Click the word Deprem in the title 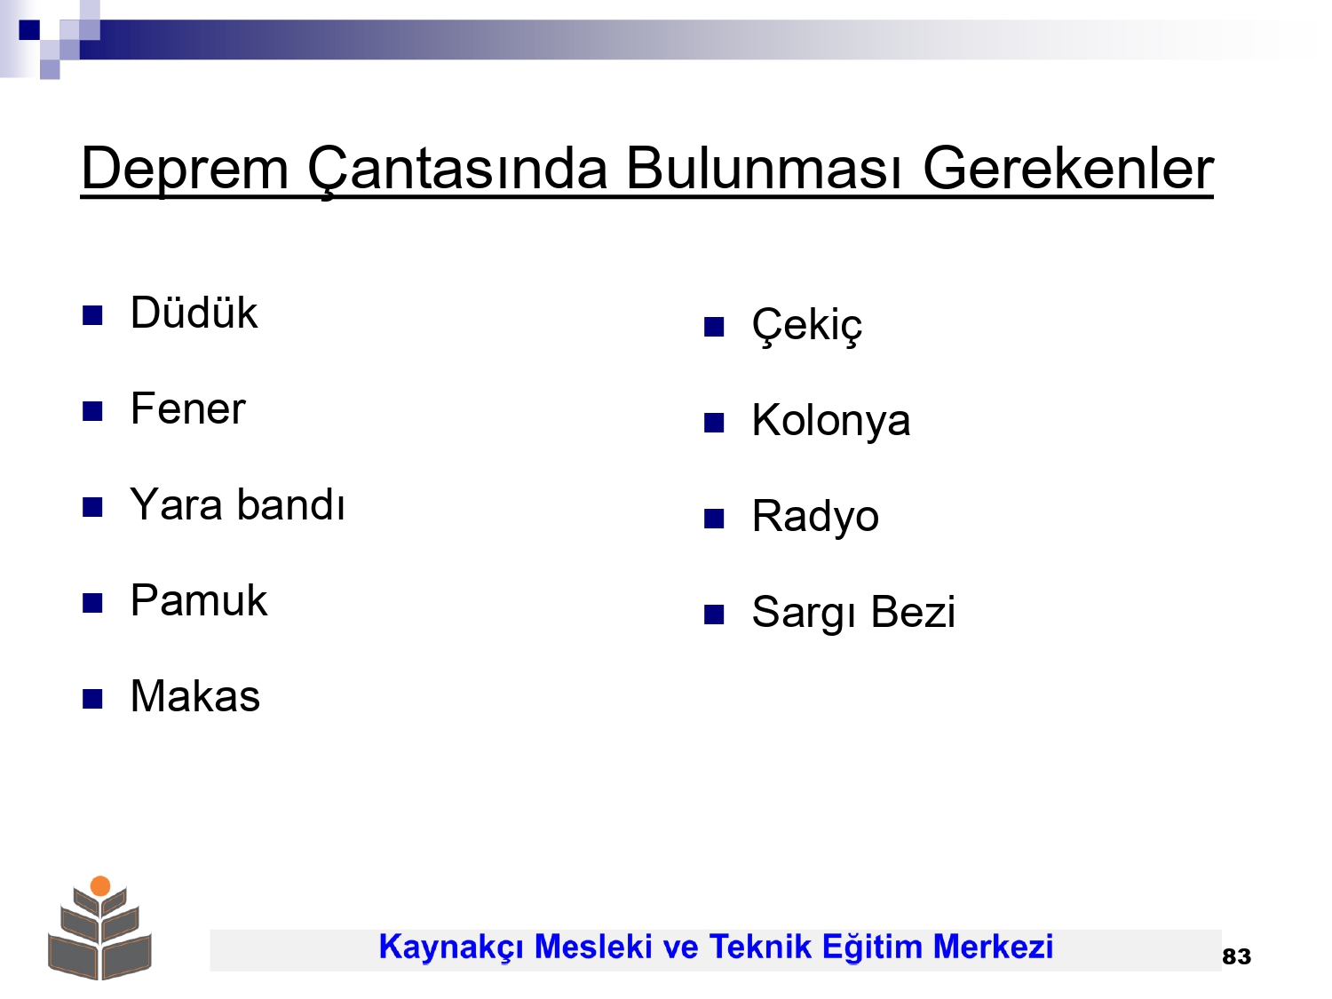click(x=185, y=170)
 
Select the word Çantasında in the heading click(x=457, y=170)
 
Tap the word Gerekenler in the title click(x=1068, y=169)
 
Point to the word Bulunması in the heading click(x=765, y=169)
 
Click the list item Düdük click(x=194, y=313)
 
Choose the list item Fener click(x=188, y=408)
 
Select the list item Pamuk click(x=199, y=600)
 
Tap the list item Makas click(x=195, y=696)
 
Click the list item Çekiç click(x=806, y=326)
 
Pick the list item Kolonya click(x=831, y=421)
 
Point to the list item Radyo click(x=815, y=517)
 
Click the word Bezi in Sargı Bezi click(x=913, y=612)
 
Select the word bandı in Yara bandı click(x=290, y=504)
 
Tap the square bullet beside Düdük click(x=92, y=315)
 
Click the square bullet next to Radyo click(x=714, y=519)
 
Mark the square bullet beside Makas click(x=92, y=699)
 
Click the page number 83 click(x=1236, y=956)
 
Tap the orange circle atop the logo click(x=100, y=886)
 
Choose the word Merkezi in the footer click(x=993, y=947)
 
